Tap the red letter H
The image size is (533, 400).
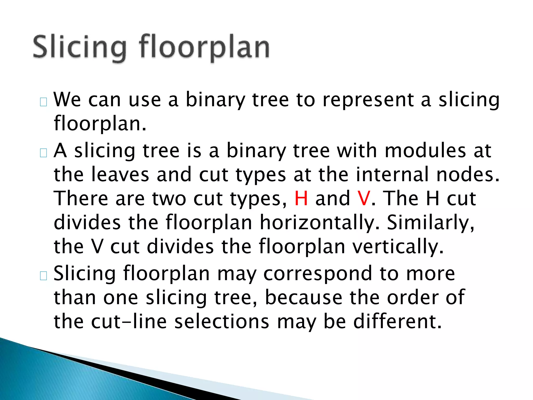[x=301, y=198]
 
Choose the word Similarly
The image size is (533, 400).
[x=430, y=223]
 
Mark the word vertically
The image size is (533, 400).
[x=398, y=247]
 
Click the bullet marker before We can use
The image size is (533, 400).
[x=43, y=102]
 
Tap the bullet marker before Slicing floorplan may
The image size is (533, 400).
[x=43, y=276]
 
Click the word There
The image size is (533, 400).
[x=81, y=198]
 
